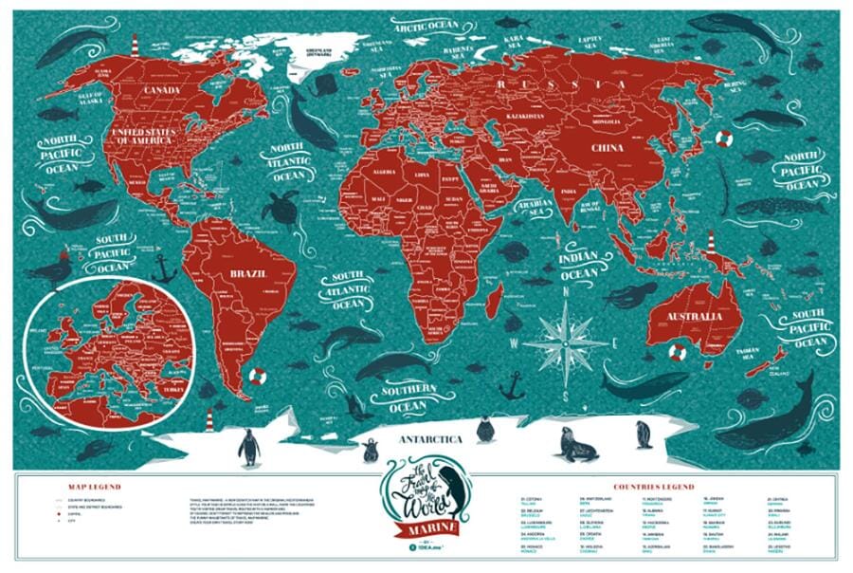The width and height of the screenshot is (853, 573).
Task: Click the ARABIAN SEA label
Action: pyautogui.click(x=536, y=210)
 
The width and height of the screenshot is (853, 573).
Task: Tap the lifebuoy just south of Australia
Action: pyautogui.click(x=677, y=352)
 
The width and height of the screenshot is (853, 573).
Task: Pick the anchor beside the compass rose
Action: pyautogui.click(x=513, y=384)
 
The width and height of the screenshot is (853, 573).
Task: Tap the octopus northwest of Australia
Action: pyautogui.click(x=630, y=295)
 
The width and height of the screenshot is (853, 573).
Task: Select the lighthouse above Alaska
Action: pyautogui.click(x=136, y=44)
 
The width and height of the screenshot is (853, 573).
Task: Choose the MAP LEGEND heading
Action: pyautogui.click(x=94, y=488)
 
